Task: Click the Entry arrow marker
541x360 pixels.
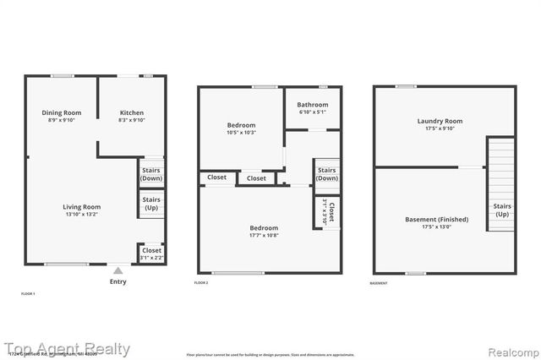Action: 118,271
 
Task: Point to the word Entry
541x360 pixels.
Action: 118,281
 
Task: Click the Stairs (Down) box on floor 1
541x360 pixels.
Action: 151,173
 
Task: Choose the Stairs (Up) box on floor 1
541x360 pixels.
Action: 151,204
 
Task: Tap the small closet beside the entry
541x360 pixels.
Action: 151,253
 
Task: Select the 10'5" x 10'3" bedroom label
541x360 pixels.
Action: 241,127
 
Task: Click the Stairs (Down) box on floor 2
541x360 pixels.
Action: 326,173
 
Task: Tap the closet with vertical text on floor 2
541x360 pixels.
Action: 330,211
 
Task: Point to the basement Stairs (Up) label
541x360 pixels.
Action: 502,209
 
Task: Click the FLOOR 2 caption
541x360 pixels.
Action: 201,282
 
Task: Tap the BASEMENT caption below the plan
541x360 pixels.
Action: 379,282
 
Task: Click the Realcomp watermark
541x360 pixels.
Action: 510,349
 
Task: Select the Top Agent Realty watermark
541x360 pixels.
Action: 66,348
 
